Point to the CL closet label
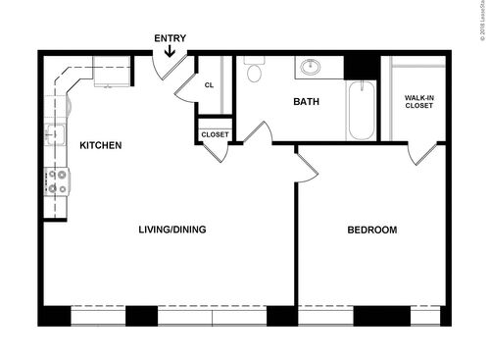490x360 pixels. pos(209,85)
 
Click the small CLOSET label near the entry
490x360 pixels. pos(215,134)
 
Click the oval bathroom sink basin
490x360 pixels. pos(310,68)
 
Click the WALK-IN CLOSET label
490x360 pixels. pos(425,101)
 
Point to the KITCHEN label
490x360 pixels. pos(100,146)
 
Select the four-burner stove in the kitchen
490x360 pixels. pos(56,180)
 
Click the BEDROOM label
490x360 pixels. pos(372,231)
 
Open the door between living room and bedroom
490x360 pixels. pos(307,165)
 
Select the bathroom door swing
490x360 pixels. pos(257,132)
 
